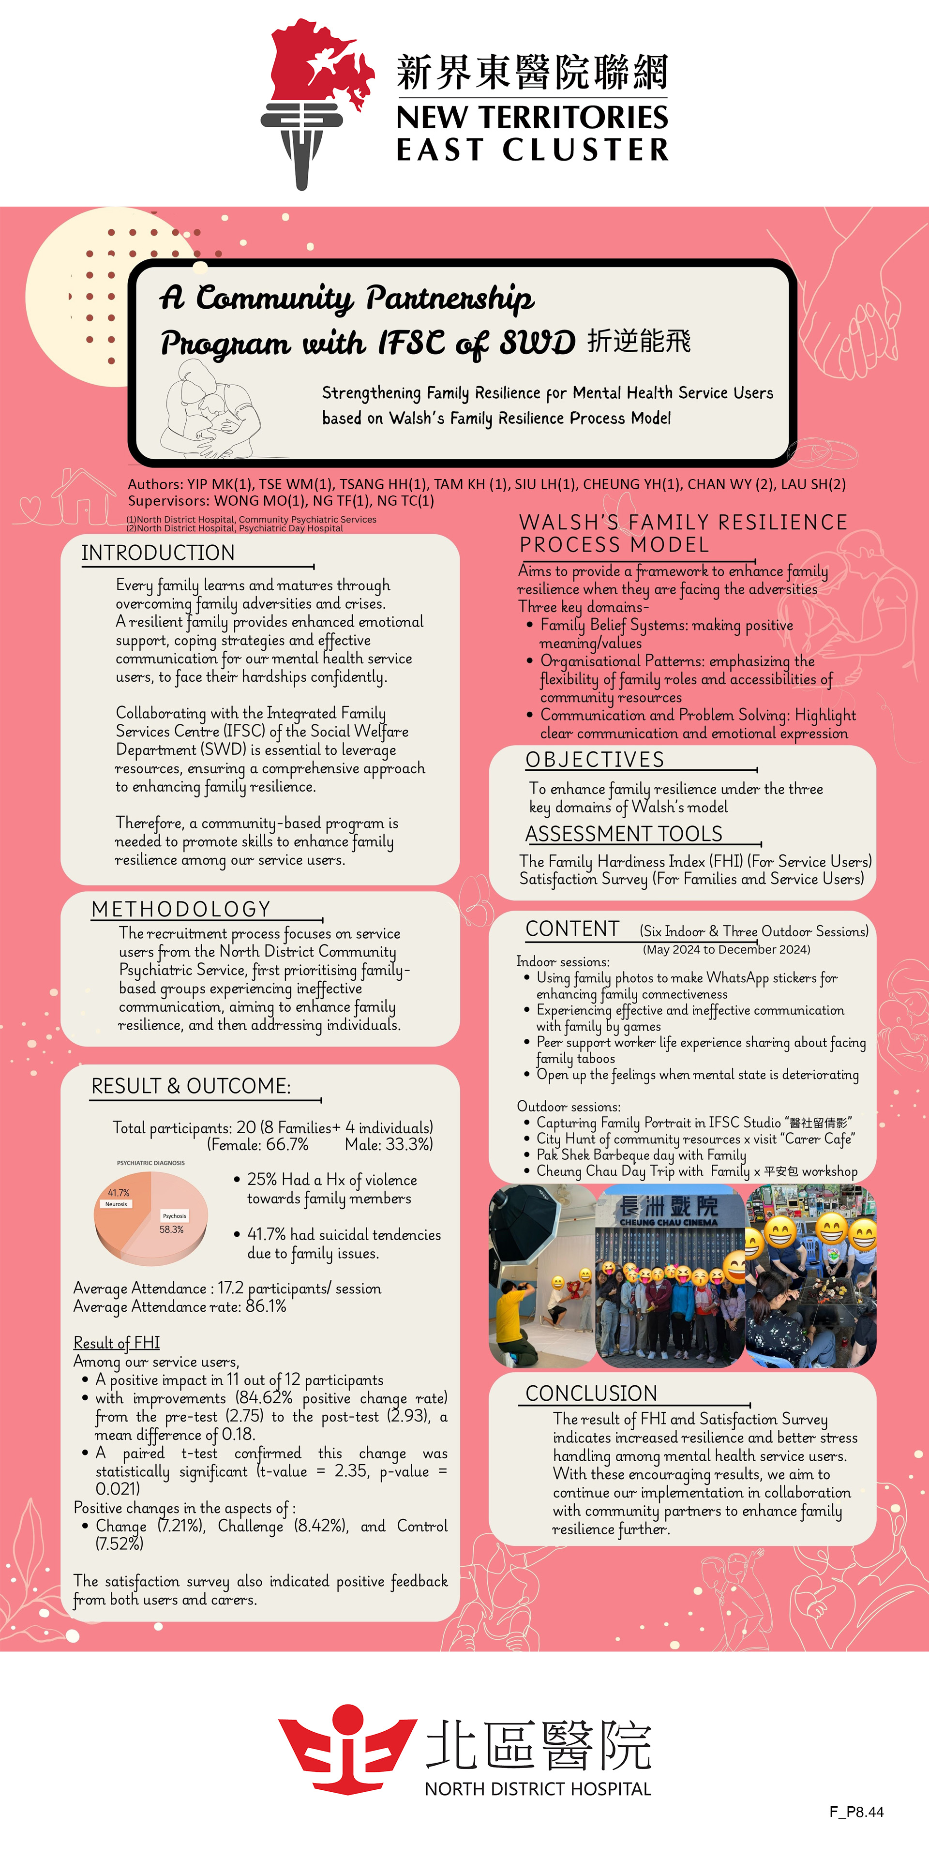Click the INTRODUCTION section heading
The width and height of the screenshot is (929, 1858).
(158, 553)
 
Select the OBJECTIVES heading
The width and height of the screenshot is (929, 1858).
(594, 760)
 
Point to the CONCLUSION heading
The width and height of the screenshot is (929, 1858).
(591, 1393)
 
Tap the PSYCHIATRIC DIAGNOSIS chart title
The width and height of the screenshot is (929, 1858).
(151, 1163)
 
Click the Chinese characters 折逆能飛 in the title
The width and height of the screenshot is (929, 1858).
(639, 341)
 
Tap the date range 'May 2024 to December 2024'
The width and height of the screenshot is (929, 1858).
(726, 949)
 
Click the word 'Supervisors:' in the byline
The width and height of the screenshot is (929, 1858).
(168, 501)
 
